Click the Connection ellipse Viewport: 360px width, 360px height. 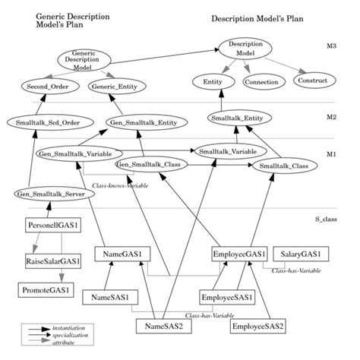click(260, 81)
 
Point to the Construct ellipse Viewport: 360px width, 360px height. click(312, 80)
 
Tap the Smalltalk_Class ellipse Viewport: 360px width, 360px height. click(283, 165)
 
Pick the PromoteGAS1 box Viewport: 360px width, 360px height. click(46, 289)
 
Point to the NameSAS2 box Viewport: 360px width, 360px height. click(164, 327)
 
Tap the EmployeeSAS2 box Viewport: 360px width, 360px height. click(260, 327)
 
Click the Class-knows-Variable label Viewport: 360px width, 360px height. click(118, 184)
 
